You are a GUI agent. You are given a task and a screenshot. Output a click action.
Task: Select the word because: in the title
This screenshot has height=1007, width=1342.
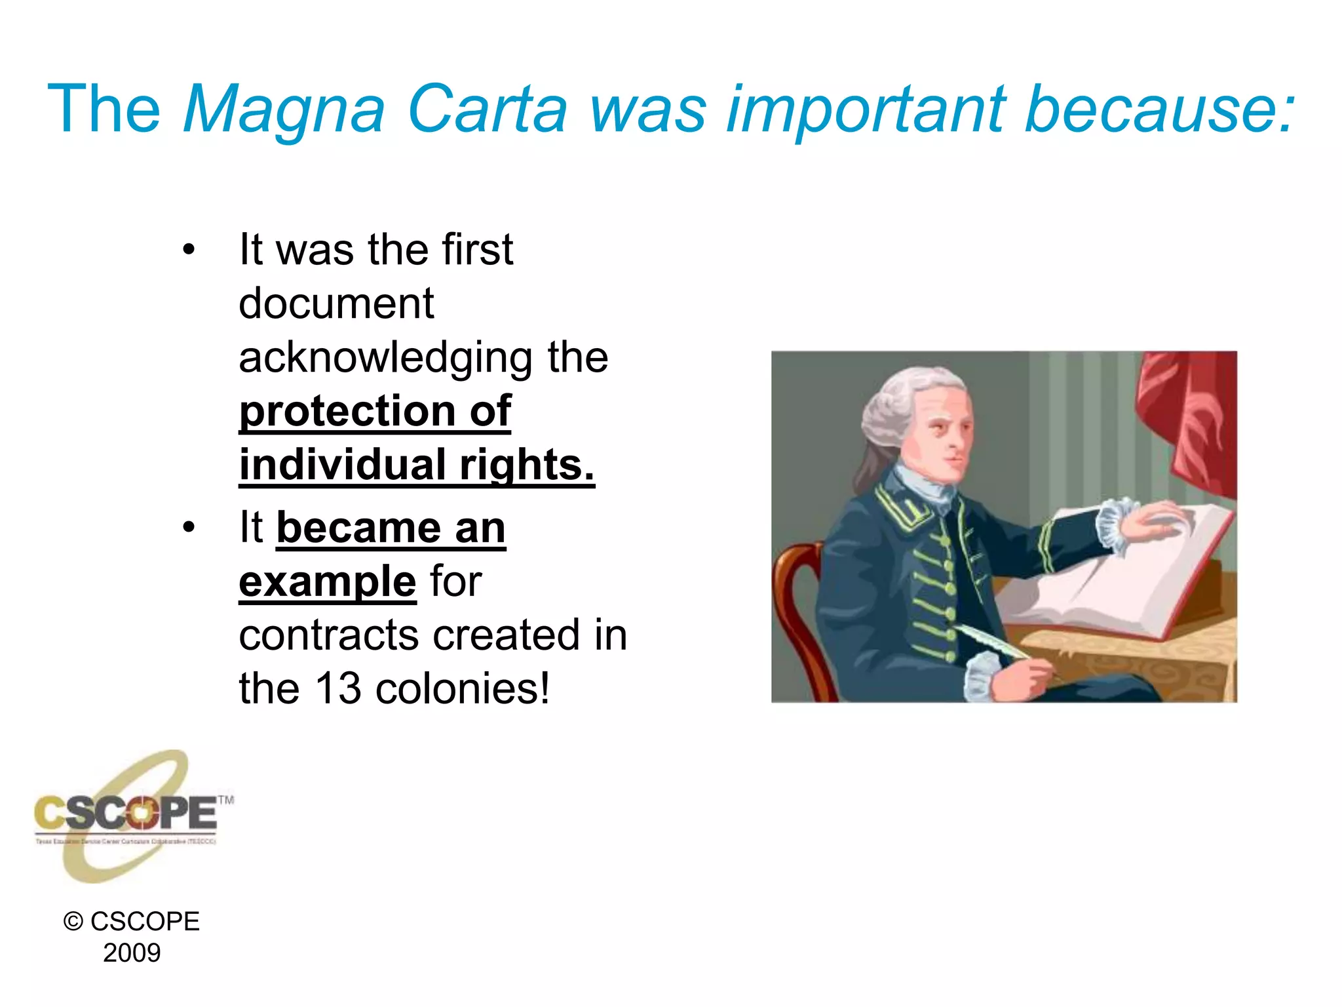[x=1159, y=109]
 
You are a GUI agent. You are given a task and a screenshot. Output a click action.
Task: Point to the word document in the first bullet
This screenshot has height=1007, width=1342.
[x=336, y=304]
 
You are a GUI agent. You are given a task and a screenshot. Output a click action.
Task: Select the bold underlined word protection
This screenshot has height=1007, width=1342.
[x=347, y=412]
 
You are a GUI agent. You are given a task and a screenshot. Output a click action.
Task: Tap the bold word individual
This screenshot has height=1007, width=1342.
[x=342, y=465]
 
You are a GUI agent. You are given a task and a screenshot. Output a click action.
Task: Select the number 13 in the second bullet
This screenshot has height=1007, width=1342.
[x=337, y=689]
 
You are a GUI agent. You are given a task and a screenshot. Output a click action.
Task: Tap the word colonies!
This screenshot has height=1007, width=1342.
[x=463, y=689]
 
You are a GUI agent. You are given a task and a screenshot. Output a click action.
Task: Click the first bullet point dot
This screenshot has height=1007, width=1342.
[x=189, y=250]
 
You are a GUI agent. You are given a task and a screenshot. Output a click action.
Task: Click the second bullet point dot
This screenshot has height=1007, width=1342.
[x=189, y=527]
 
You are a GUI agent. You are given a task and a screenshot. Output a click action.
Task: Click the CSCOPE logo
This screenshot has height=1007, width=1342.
[x=128, y=816]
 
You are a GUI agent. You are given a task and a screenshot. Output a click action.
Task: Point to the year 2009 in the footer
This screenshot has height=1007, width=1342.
[x=132, y=953]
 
